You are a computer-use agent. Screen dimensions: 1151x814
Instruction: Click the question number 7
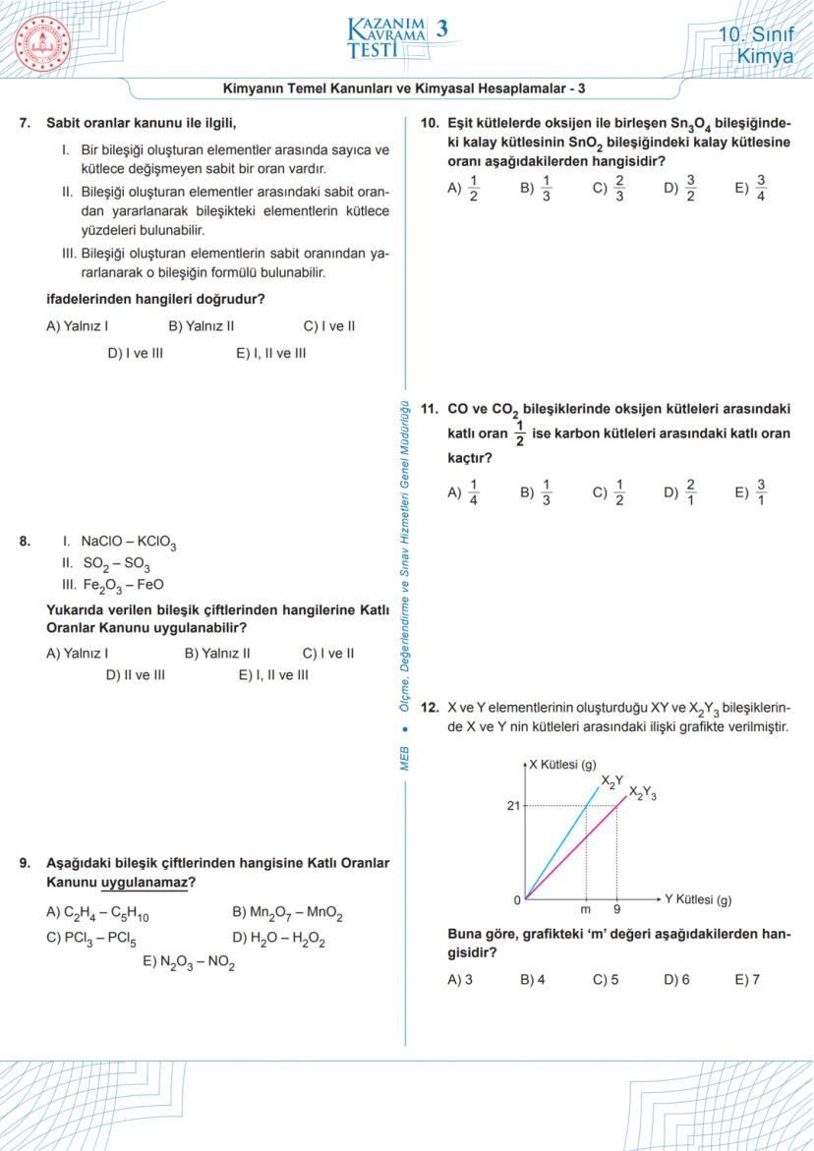25,125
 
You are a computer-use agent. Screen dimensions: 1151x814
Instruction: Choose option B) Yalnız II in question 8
217,653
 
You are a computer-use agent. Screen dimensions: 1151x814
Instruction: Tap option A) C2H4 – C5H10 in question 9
97,914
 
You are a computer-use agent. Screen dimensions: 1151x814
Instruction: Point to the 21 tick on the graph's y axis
513,806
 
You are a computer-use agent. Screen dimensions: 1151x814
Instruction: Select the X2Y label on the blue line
611,780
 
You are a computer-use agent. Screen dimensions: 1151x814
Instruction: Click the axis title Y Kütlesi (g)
697,899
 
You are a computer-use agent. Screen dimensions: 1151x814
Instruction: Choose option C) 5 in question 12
606,980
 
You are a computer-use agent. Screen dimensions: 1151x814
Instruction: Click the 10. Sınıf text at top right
757,32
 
